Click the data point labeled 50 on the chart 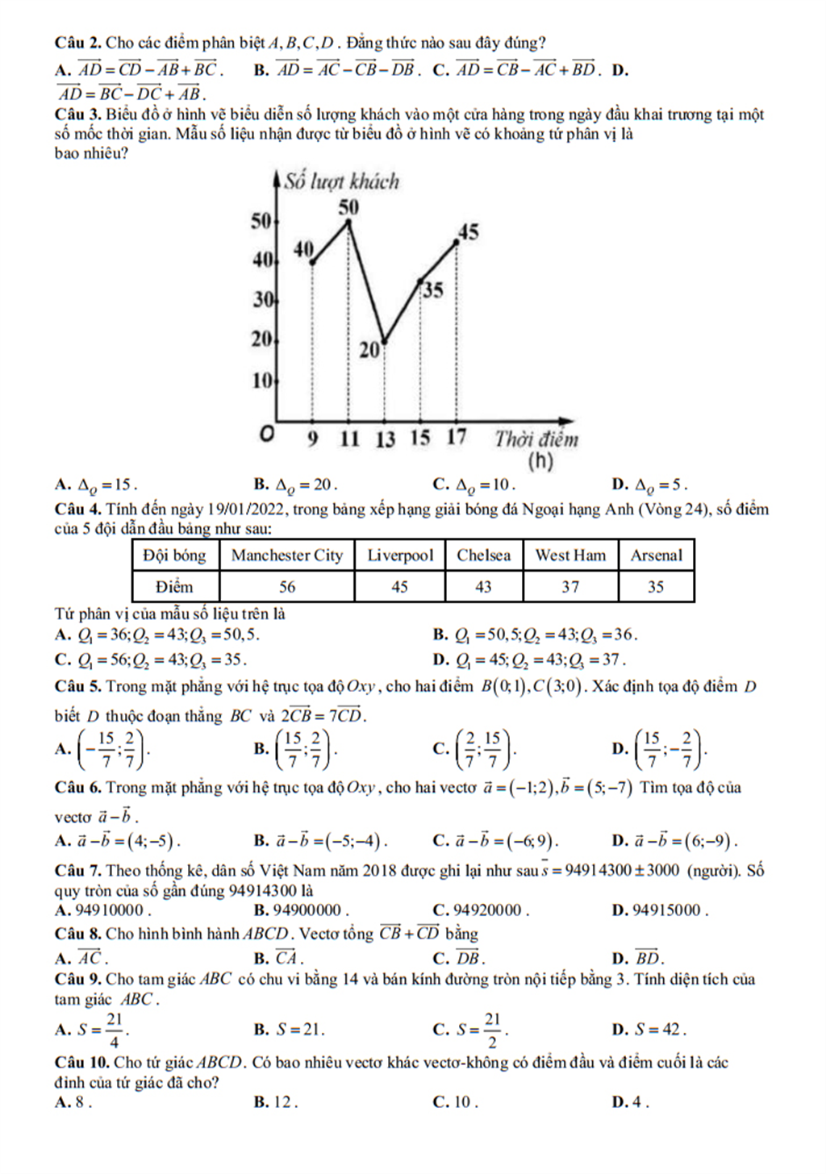point(348,220)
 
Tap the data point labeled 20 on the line point(384,342)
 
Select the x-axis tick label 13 point(385,439)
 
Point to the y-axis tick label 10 point(262,380)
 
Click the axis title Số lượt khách point(341,181)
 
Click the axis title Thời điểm point(536,439)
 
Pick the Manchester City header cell point(287,556)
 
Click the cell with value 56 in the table point(287,587)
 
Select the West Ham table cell point(570,556)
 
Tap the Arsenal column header point(656,556)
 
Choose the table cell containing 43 point(483,587)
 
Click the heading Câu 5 point(77,687)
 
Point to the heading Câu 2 point(77,43)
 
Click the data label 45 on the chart point(468,232)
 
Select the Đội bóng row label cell point(174,556)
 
